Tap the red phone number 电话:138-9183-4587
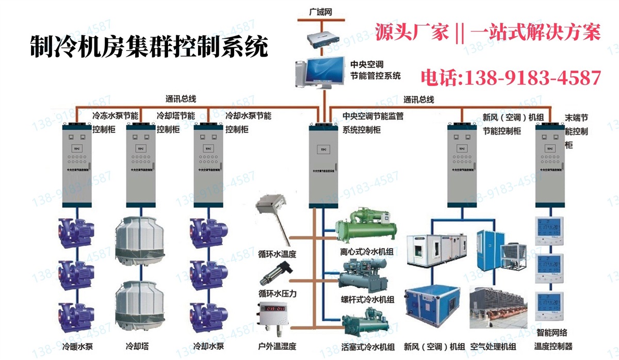tap(511, 78)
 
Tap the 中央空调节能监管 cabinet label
tap(373, 117)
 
